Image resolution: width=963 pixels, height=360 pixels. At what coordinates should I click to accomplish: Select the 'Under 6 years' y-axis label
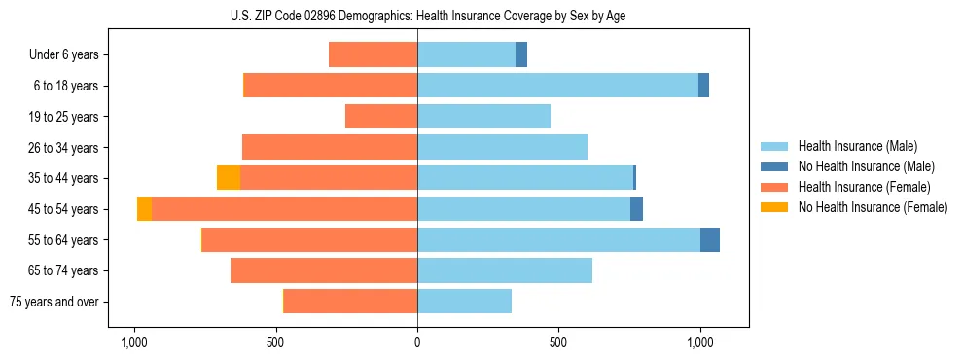coord(63,54)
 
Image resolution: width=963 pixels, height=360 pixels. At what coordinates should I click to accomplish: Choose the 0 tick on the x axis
coord(417,342)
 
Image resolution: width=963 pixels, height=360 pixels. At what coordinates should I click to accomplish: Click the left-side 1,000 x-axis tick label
coord(133,342)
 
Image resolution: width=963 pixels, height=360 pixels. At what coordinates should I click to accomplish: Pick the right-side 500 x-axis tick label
coord(558,342)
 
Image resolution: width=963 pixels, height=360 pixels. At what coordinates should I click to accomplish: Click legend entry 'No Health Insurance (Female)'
coord(873,207)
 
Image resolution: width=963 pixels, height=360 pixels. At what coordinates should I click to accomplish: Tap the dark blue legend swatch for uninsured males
coord(774,166)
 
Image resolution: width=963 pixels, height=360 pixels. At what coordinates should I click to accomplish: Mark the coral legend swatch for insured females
coord(774,187)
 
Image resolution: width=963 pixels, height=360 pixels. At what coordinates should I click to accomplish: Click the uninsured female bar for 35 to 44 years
coord(229,178)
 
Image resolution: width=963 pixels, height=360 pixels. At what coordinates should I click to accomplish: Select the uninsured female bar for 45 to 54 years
coord(144,209)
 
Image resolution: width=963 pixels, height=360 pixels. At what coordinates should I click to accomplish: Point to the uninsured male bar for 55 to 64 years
coord(710,239)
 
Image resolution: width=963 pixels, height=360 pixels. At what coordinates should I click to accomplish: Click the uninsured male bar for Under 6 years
coord(521,54)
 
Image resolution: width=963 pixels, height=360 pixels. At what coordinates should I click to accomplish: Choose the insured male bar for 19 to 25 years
coord(483,117)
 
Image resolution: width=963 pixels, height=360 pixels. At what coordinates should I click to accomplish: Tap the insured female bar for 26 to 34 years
coord(330,147)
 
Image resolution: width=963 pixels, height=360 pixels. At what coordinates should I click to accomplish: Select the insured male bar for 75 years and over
coord(464,302)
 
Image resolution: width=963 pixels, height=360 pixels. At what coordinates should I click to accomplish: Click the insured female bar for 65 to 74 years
coord(324,270)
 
